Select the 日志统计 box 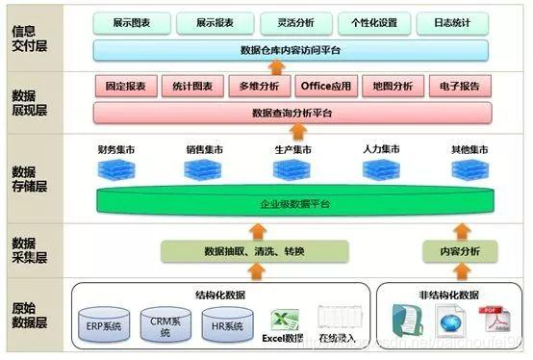[451, 21]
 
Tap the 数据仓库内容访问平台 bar [291, 49]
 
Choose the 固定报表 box [126, 86]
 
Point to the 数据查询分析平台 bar [291, 113]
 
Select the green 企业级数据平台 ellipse [291, 204]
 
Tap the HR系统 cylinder [228, 325]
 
